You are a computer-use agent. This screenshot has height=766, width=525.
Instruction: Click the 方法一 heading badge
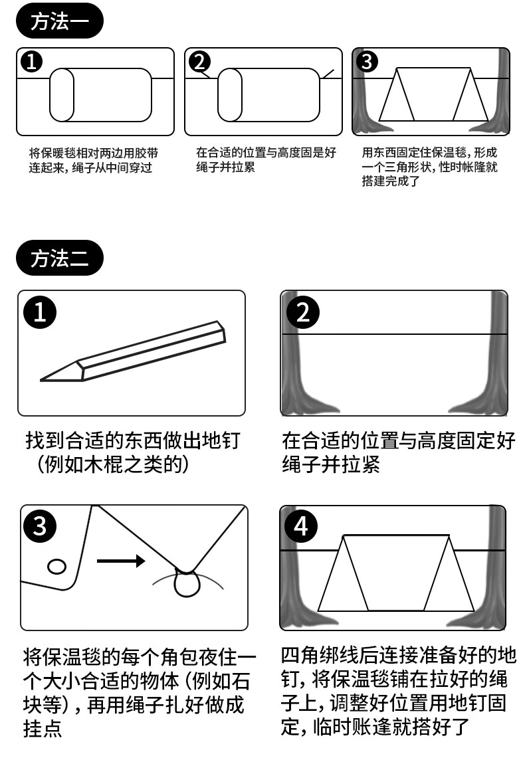tap(60, 21)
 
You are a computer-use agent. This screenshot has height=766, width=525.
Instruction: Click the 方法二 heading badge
tap(60, 258)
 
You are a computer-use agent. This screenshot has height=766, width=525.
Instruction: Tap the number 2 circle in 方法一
tap(200, 62)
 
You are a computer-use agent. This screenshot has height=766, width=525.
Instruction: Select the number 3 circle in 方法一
tap(367, 62)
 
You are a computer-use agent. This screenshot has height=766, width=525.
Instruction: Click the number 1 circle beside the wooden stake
tap(40, 312)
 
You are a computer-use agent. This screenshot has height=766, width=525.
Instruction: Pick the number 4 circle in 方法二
tap(300, 526)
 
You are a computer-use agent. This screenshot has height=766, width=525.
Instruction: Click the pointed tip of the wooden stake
tap(41, 379)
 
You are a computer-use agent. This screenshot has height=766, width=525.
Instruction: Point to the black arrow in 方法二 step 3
tap(121, 561)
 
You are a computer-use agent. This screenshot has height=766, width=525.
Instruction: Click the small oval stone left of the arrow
tap(56, 567)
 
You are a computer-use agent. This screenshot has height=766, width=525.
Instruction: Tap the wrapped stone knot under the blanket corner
tap(187, 583)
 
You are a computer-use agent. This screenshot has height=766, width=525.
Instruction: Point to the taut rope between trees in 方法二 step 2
tap(394, 334)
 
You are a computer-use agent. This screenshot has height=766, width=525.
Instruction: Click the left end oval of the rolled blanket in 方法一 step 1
tap(62, 95)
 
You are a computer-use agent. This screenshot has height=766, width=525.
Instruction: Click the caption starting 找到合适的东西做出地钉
tap(133, 452)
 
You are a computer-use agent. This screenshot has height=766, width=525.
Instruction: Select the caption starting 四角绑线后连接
tap(398, 691)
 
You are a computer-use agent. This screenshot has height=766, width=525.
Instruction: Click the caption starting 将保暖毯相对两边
tap(93, 160)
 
